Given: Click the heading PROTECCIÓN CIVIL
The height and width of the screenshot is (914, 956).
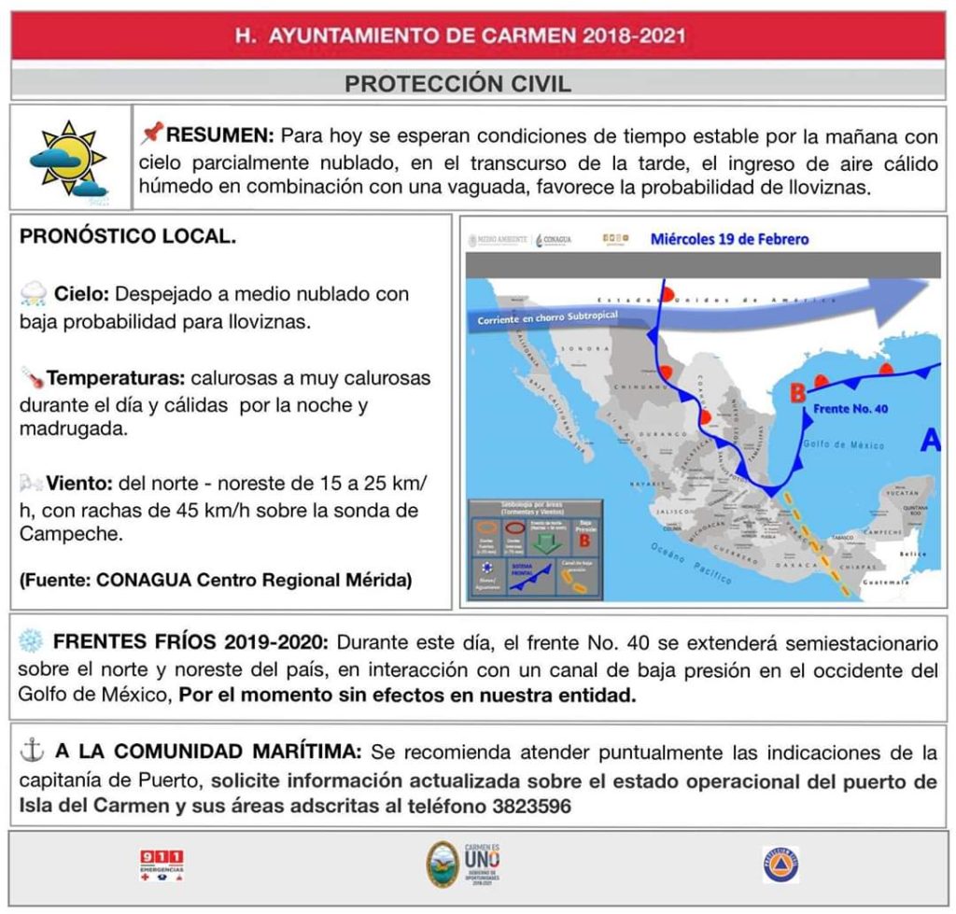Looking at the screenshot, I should point(457,84).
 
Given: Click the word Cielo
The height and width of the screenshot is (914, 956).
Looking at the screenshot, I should point(81,294).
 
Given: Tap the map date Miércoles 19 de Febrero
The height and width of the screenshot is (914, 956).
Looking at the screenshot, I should point(729,239).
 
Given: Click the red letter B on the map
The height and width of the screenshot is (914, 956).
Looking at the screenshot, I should point(797,395).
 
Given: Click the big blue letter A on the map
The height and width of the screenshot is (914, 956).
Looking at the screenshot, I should point(929,442).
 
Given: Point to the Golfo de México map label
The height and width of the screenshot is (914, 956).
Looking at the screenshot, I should point(847,445).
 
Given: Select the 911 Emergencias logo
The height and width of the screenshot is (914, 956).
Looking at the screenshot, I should point(162,865).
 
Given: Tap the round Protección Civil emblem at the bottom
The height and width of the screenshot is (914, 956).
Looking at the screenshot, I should point(780,865).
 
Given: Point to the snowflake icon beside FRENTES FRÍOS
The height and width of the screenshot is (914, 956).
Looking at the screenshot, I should point(31,642).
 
